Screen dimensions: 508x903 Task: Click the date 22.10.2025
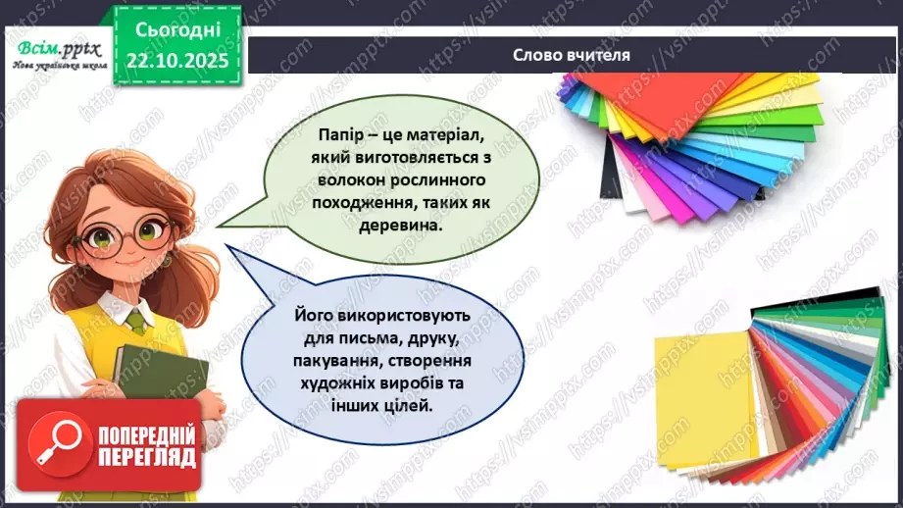tap(176, 60)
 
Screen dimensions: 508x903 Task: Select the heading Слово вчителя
tap(572, 55)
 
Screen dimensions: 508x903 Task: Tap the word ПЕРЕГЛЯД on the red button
tap(146, 458)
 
